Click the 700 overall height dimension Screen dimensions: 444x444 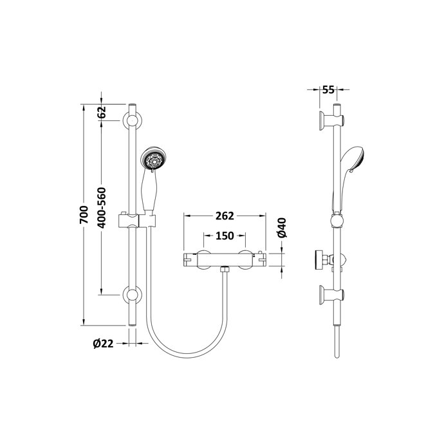point(84,215)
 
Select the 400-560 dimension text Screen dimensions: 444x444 point(102,208)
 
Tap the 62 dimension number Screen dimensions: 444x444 point(102,112)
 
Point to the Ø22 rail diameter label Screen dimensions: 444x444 point(103,344)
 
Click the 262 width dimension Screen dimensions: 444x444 point(225,216)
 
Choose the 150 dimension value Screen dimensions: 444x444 point(225,236)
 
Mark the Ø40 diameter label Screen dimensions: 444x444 point(282,227)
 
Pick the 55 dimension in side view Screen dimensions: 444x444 point(328,89)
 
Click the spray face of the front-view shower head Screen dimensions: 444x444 point(154,160)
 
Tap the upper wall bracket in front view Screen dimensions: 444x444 point(133,120)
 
